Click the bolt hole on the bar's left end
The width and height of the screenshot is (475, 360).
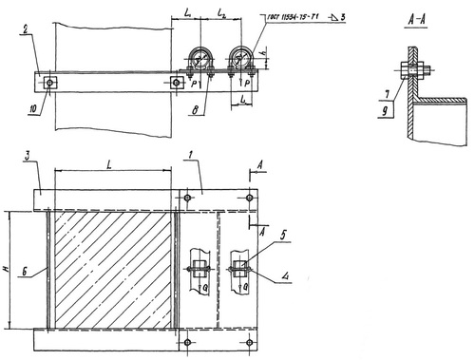50,82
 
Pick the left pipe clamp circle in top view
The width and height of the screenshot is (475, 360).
202,58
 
